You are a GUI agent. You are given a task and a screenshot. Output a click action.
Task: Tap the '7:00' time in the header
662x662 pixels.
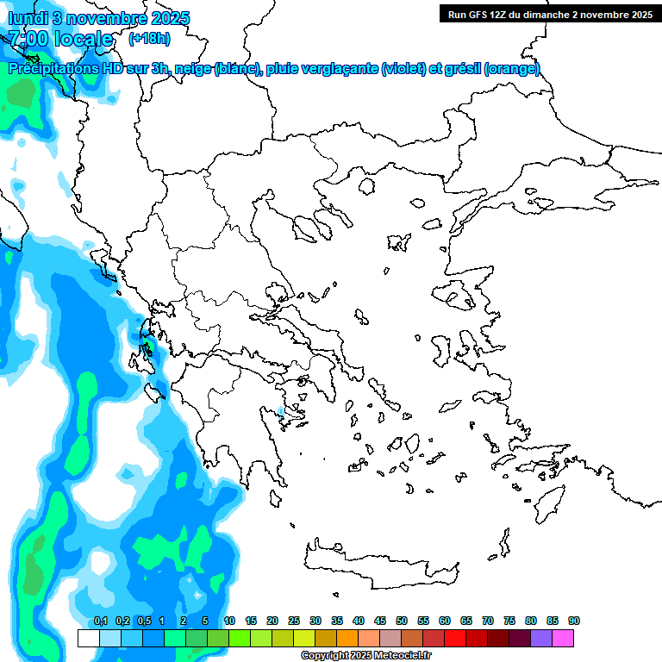pos(28,39)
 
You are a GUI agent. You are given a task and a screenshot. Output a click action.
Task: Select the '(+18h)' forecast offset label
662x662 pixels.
pos(149,38)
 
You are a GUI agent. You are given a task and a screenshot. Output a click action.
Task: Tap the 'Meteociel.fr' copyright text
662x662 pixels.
pos(400,656)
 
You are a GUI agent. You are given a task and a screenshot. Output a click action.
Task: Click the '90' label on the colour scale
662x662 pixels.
pos(573,621)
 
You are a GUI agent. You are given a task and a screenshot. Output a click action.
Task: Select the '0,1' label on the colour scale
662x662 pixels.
pos(101,621)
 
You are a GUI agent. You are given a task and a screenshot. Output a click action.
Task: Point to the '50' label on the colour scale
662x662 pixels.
pos(402,621)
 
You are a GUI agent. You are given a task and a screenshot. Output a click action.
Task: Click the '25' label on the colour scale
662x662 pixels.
pos(294,621)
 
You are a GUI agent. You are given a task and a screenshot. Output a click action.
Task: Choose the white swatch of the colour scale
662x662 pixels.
pos(88,638)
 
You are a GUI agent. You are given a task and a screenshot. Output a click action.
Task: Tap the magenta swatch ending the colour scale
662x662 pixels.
pos(563,638)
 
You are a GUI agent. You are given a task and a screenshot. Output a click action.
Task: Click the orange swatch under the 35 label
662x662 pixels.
pos(347,638)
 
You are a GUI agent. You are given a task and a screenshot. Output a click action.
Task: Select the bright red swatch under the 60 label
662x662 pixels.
pos(455,638)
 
